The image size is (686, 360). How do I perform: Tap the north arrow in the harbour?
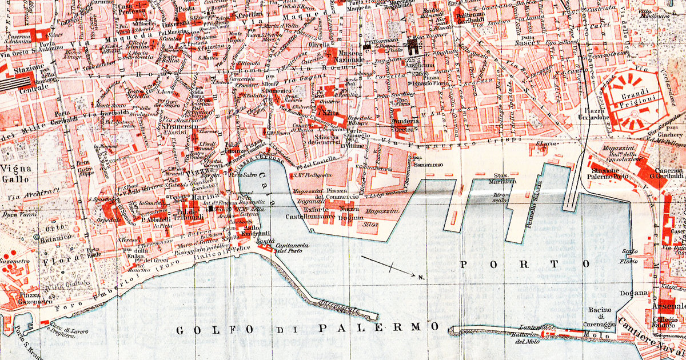pyautogui.click(x=392, y=267)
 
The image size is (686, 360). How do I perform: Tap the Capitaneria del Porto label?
pyautogui.click(x=293, y=249)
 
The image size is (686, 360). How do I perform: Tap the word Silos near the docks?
pyautogui.click(x=370, y=225)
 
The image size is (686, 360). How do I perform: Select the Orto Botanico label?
pyautogui.click(x=53, y=231)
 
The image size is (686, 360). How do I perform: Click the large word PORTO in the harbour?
pyautogui.click(x=525, y=264)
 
